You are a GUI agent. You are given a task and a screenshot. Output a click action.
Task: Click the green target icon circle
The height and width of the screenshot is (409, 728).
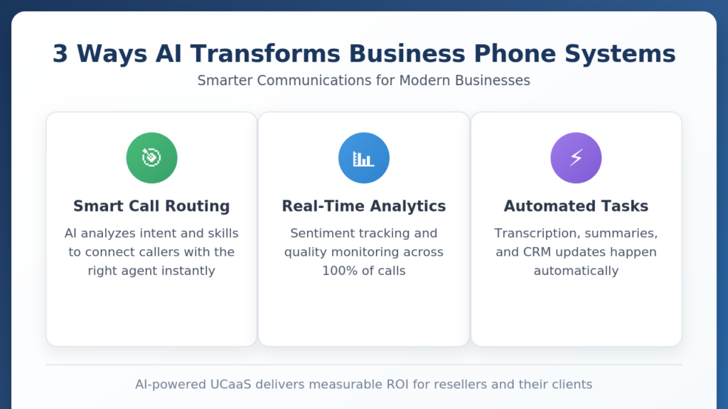click(152, 158)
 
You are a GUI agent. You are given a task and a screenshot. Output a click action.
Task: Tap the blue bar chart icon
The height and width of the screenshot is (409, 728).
click(364, 158)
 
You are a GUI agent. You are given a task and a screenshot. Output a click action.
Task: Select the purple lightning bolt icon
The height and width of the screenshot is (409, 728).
click(576, 158)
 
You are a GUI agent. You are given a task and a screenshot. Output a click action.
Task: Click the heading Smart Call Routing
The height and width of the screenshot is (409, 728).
click(151, 206)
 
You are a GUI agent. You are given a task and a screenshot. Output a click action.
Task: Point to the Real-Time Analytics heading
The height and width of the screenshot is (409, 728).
click(364, 206)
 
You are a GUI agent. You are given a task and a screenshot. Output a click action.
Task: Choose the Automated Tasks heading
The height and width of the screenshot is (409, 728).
click(576, 206)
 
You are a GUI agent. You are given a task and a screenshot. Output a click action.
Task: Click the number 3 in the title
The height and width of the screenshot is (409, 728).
click(60, 54)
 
